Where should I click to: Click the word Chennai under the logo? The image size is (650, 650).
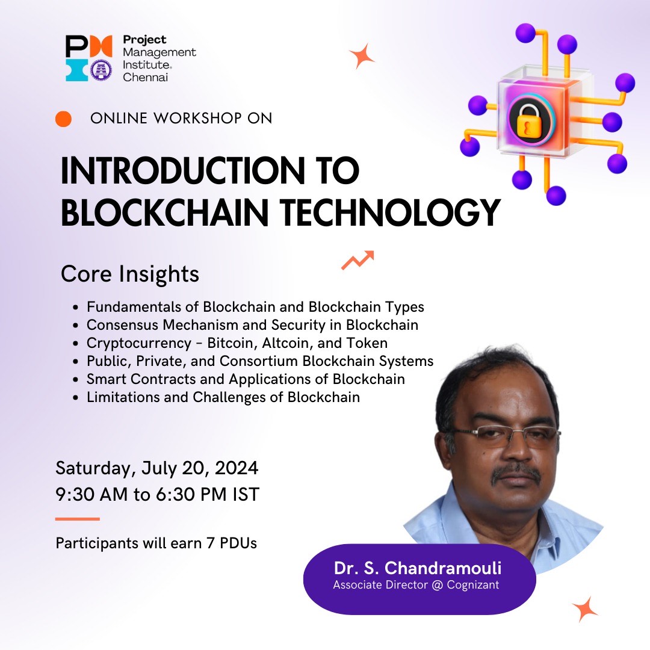pos(145,77)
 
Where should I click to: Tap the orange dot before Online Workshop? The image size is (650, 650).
pos(63,119)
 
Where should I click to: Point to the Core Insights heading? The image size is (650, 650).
pos(130,274)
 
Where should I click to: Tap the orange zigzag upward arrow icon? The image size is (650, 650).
pos(357,260)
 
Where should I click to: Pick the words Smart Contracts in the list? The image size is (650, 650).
pos(138,379)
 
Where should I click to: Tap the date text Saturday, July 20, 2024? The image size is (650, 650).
pos(156,468)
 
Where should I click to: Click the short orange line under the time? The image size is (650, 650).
pos(77,519)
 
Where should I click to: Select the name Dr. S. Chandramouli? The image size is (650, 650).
pos(418,568)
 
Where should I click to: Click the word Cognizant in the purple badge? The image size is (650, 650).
pos(473,585)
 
